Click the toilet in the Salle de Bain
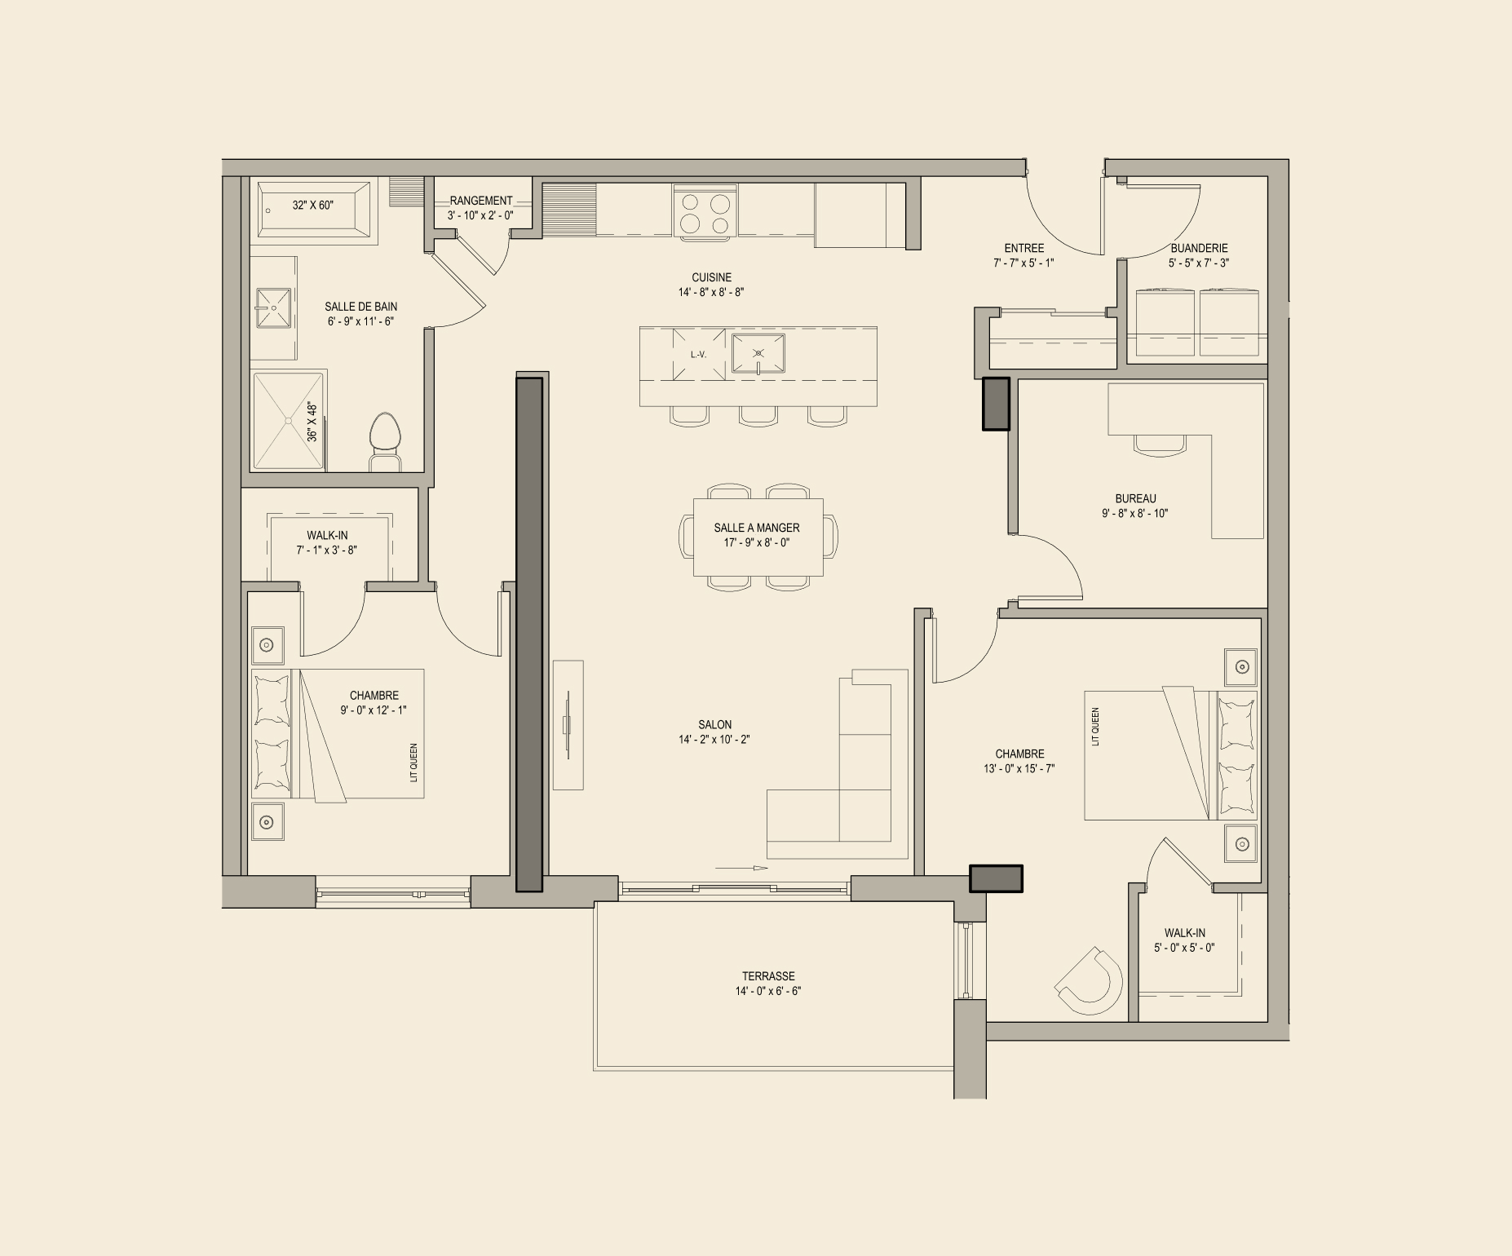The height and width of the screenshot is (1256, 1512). (386, 441)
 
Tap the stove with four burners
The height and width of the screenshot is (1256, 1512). (705, 211)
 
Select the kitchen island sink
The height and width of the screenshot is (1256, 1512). (758, 354)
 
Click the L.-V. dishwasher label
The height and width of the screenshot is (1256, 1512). (698, 355)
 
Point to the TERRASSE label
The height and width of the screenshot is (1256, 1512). (768, 976)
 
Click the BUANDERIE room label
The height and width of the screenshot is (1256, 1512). (1199, 248)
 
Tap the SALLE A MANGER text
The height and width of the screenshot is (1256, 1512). (757, 528)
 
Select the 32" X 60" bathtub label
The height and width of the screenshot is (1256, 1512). (313, 206)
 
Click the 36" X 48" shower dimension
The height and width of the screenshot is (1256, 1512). (312, 422)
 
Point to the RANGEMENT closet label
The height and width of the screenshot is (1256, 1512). (481, 201)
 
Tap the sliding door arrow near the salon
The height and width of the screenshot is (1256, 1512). (741, 868)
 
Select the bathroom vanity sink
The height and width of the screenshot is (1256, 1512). (273, 307)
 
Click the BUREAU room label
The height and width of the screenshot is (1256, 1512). (1135, 498)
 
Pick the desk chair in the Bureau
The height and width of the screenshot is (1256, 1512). (1159, 443)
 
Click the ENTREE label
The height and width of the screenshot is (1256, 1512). (1024, 248)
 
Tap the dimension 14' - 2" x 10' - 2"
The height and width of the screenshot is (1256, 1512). (714, 740)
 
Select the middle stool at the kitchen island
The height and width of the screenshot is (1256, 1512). (758, 416)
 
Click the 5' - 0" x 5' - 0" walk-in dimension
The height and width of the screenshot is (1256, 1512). (1184, 948)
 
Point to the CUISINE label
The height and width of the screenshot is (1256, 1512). (712, 277)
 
